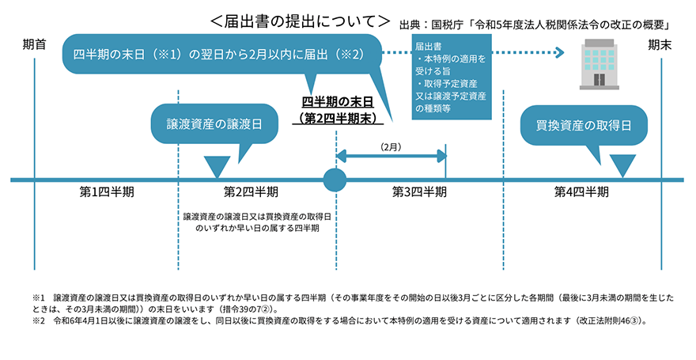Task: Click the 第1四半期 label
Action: pos(107,191)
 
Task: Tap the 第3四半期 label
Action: pos(419,191)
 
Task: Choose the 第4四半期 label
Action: pos(581,191)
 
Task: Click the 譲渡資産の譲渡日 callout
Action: pos(214,125)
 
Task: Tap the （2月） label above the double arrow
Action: pos(391,147)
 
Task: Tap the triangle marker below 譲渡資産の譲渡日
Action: pos(214,166)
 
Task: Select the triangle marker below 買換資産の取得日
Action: pos(623,165)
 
